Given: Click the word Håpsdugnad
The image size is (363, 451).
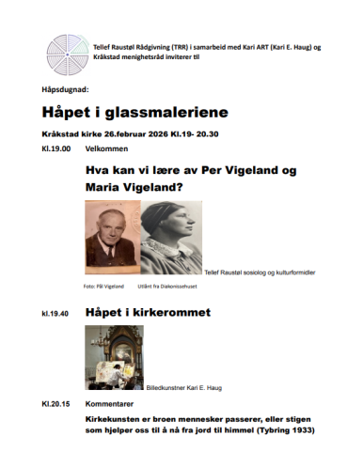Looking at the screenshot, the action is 64,91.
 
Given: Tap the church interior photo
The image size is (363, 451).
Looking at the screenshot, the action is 114,358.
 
